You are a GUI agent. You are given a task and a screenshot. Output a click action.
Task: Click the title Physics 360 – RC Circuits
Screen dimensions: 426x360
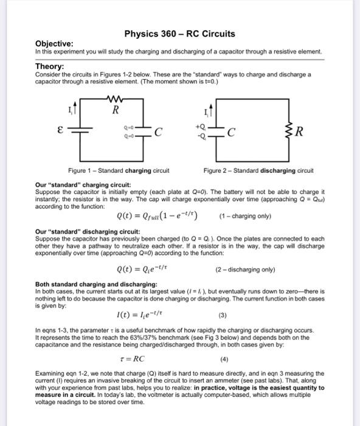click(179, 33)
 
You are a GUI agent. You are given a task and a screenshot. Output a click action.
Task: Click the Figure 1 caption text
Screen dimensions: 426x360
click(118, 171)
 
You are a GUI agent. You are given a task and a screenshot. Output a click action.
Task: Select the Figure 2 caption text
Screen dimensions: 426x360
click(258, 171)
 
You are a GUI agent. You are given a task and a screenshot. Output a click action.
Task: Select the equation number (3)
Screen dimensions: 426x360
click(222, 316)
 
